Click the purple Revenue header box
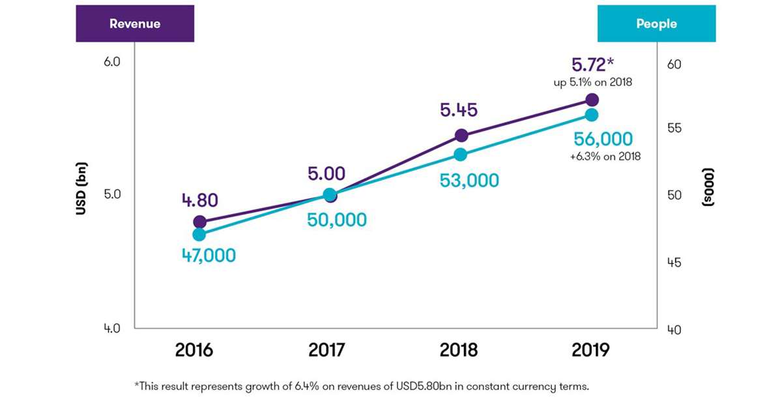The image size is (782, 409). [134, 24]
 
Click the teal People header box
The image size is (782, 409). [656, 24]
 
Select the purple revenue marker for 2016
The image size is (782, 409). [199, 222]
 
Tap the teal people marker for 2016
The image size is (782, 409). [199, 235]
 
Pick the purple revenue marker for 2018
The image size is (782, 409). [461, 136]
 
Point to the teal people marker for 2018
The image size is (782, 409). [461, 155]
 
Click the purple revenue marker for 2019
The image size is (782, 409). [592, 100]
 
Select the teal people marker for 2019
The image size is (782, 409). [592, 115]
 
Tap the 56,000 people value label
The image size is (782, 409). [603, 139]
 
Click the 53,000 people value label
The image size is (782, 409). [469, 180]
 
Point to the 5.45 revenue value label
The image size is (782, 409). [459, 110]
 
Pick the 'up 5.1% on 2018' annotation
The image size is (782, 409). [592, 83]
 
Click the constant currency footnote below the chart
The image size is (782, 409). [362, 387]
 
